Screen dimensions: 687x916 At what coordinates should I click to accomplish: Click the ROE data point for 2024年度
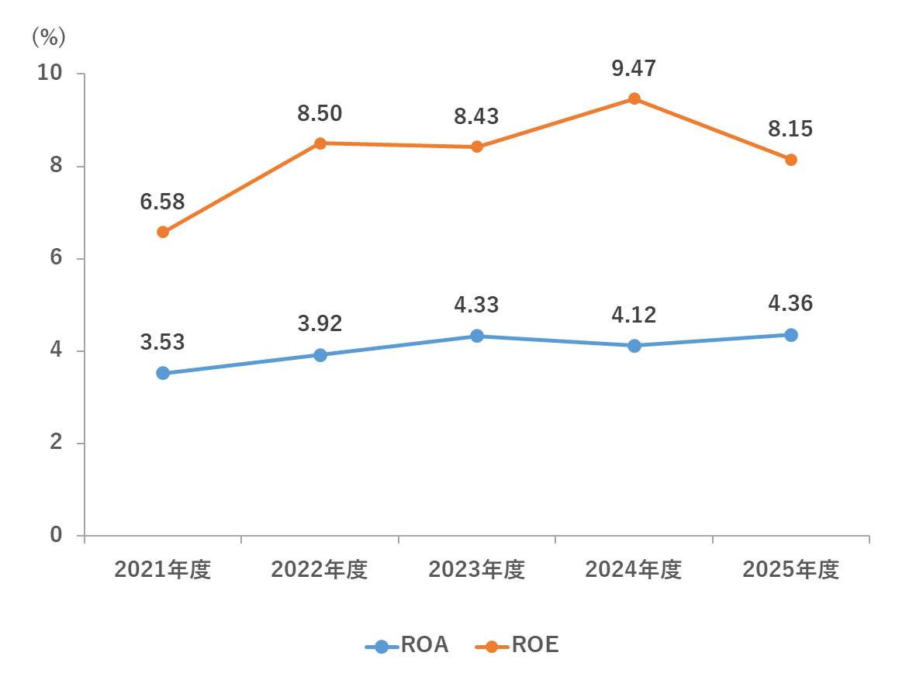634,98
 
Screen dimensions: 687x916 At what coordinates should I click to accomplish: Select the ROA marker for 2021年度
163,373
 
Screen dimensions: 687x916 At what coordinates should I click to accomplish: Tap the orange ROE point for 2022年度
320,143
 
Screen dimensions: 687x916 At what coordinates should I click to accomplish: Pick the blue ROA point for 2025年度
791,335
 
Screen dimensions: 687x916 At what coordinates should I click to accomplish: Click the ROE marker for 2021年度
163,232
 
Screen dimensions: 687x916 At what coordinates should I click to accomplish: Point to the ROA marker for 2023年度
477,336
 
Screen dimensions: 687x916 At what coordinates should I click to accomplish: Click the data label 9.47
634,68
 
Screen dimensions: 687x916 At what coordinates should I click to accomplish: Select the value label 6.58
163,202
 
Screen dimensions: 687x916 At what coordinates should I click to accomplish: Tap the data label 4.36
790,303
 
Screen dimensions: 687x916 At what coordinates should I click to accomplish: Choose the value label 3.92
320,323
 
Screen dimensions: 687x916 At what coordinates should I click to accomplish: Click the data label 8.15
790,129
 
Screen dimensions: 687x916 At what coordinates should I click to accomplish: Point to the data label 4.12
634,314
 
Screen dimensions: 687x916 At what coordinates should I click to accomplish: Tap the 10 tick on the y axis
50,73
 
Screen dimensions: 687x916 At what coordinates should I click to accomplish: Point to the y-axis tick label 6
57,258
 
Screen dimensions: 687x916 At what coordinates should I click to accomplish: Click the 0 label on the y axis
57,535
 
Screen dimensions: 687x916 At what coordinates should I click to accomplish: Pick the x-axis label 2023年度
477,570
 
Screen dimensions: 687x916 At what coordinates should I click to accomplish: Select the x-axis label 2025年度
790,570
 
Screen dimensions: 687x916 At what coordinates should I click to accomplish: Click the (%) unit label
48,36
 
